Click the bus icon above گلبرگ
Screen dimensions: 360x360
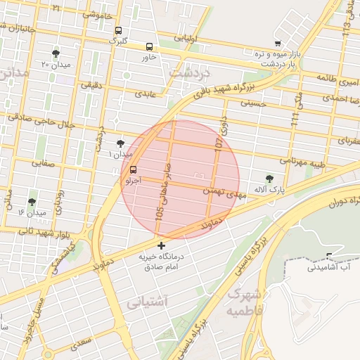pyautogui.click(x=118, y=31)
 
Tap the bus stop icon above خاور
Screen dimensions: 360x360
pyautogui.click(x=149, y=47)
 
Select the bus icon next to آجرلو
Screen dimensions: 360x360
pyautogui.click(x=134, y=169)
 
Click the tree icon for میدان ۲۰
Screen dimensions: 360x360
pyautogui.click(x=56, y=53)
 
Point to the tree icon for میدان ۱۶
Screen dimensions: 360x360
pyautogui.click(x=32, y=202)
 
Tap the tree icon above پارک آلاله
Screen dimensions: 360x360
pyautogui.click(x=270, y=179)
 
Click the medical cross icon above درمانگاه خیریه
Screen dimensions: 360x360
pyautogui.click(x=162, y=245)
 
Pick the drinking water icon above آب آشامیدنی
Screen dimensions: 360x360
pyautogui.click(x=330, y=256)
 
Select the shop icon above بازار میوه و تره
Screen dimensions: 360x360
pyautogui.click(x=278, y=44)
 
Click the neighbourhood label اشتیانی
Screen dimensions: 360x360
pyautogui.click(x=148, y=302)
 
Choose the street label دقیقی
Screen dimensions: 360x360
pyautogui.click(x=91, y=84)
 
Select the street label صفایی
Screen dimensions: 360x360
pyautogui.click(x=41, y=162)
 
